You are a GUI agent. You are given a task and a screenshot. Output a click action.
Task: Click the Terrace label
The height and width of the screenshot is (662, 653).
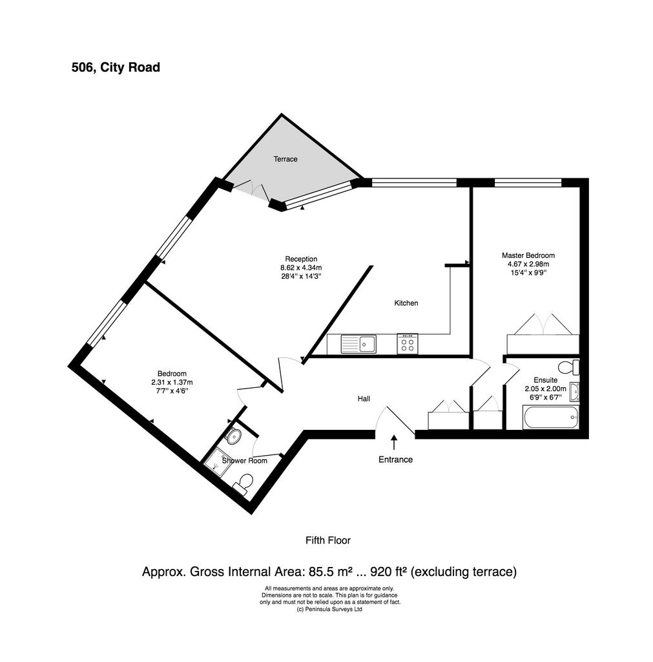[x=285, y=159]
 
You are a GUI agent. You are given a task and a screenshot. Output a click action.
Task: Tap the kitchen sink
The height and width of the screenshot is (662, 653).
[x=358, y=344]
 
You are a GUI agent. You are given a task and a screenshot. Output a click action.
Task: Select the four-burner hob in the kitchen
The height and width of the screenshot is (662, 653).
[x=408, y=344]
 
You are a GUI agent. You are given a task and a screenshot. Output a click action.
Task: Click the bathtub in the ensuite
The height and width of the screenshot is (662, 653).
[x=550, y=417]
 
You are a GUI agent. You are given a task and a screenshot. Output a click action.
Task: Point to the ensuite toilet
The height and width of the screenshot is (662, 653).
[x=569, y=367]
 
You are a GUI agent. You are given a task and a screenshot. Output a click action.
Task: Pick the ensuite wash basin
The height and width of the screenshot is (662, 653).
[x=574, y=392]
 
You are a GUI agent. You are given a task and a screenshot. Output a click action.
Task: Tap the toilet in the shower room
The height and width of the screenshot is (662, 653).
[x=244, y=484]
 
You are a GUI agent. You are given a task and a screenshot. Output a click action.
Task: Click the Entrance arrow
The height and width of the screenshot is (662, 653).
[x=394, y=443]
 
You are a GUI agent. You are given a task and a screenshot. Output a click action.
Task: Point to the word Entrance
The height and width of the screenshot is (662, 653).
[x=395, y=460]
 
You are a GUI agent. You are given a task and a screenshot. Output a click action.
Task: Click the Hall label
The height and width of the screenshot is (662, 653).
[x=364, y=398]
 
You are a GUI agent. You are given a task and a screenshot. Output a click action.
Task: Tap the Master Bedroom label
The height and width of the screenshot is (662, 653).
[x=528, y=255]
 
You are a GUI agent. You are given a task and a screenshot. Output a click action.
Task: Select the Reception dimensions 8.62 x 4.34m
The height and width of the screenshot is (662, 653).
[x=301, y=268]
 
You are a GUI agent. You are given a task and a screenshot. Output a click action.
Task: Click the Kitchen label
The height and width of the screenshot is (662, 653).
[x=406, y=303]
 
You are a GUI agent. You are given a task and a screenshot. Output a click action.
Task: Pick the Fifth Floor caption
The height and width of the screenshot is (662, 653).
[x=327, y=540]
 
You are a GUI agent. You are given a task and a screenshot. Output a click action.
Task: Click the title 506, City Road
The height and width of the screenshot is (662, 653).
[x=116, y=67]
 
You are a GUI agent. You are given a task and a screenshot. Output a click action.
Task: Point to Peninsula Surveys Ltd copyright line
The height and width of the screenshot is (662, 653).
[x=329, y=609]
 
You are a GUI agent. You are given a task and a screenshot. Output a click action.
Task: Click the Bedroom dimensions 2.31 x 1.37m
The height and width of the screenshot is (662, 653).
[x=172, y=383]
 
